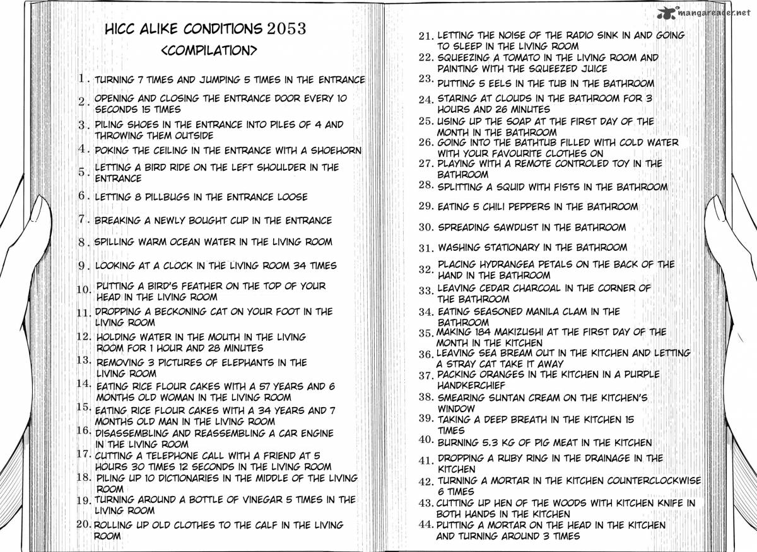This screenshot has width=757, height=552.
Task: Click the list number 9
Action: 84,266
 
